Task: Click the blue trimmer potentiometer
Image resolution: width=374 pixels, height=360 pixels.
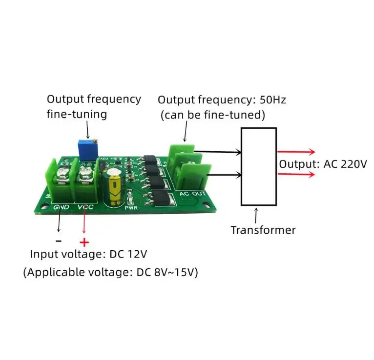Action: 87,150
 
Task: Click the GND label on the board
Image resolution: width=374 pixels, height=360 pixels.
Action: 61,207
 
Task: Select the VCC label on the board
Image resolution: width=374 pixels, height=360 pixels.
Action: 85,207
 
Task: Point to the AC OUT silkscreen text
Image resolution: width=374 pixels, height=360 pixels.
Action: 192,194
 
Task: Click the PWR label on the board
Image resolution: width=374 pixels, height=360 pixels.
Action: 131,208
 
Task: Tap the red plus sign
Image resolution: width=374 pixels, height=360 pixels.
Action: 84,242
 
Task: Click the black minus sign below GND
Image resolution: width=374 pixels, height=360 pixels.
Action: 59,241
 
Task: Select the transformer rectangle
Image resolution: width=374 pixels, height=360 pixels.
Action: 241,166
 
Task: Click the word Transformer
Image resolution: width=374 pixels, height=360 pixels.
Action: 263,230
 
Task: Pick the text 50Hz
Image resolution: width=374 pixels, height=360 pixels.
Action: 272,100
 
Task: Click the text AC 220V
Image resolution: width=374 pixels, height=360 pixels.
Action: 345,164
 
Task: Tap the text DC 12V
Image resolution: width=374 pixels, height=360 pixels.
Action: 128,254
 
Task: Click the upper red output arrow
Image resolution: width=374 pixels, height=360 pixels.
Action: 296,152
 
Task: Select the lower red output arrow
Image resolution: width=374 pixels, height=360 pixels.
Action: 296,175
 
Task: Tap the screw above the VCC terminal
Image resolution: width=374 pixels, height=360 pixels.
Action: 84,173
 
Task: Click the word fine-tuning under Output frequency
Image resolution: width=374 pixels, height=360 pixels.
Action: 77,114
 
